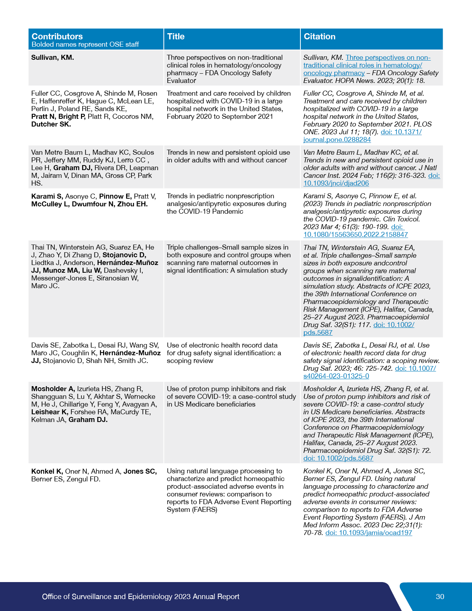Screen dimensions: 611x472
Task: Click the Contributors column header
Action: (x=57, y=36)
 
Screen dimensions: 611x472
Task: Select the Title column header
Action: (x=176, y=36)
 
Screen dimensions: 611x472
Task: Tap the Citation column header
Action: (x=319, y=36)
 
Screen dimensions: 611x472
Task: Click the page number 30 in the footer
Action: (x=440, y=596)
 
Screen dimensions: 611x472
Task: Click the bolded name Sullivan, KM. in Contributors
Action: (x=52, y=57)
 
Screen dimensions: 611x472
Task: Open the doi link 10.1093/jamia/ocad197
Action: (x=369, y=533)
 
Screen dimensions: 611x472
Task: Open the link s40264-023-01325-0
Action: (x=336, y=376)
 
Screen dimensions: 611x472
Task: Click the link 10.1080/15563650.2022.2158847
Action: (x=355, y=235)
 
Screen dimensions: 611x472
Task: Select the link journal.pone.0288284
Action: (x=337, y=140)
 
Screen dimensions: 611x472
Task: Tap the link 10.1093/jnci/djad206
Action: (x=336, y=183)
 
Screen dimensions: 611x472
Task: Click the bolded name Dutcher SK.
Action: (x=51, y=124)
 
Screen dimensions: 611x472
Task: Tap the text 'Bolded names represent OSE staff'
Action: (x=85, y=44)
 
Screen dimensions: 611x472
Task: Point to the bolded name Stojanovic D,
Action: (x=124, y=255)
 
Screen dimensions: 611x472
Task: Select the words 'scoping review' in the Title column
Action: (x=190, y=361)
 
